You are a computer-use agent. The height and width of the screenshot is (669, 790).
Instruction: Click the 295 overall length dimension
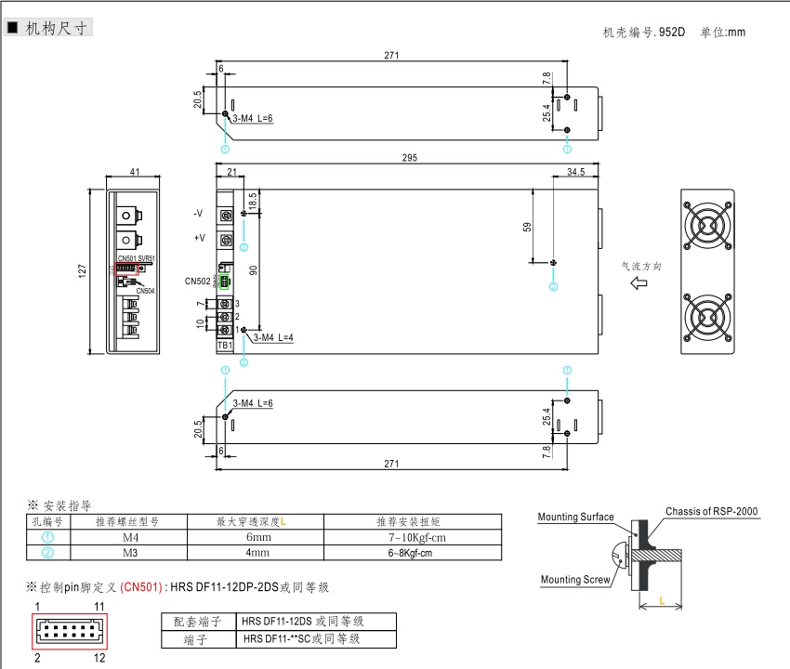point(409,158)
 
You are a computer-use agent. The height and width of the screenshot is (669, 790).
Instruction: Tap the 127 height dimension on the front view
point(82,270)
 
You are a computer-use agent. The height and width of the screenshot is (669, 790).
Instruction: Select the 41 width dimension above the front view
point(135,172)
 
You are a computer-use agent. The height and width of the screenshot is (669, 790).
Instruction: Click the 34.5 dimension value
point(575,172)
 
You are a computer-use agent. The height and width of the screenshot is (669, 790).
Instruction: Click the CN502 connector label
point(198,281)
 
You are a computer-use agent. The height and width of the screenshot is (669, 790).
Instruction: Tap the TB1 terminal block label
point(224,345)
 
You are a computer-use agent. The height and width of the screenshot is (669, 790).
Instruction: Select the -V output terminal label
point(198,214)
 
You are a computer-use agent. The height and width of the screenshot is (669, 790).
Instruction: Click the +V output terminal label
point(199,239)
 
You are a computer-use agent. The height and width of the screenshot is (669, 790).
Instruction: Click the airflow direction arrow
point(639,283)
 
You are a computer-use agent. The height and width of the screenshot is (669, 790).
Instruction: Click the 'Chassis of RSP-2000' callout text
point(711,512)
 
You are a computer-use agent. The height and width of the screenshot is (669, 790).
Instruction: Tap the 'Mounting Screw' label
point(575,581)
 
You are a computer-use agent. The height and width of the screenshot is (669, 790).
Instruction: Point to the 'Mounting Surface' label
point(575,518)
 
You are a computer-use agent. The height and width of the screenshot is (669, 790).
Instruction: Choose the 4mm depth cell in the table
point(257,552)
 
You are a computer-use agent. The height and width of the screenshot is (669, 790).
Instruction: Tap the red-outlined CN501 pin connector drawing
point(72,631)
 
